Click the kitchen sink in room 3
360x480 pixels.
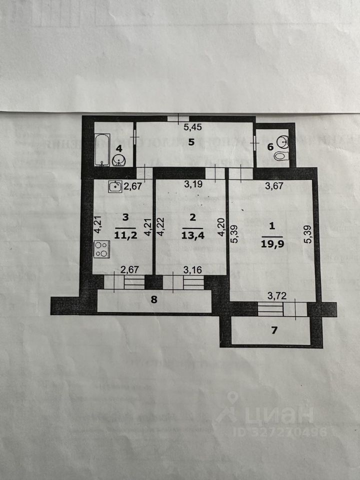(x=115, y=186)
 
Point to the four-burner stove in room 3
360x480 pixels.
(x=101, y=249)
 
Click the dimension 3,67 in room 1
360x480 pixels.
(x=274, y=186)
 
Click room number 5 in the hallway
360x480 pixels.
(x=191, y=142)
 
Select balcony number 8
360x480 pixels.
(x=154, y=300)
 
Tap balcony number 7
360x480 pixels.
(x=272, y=330)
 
